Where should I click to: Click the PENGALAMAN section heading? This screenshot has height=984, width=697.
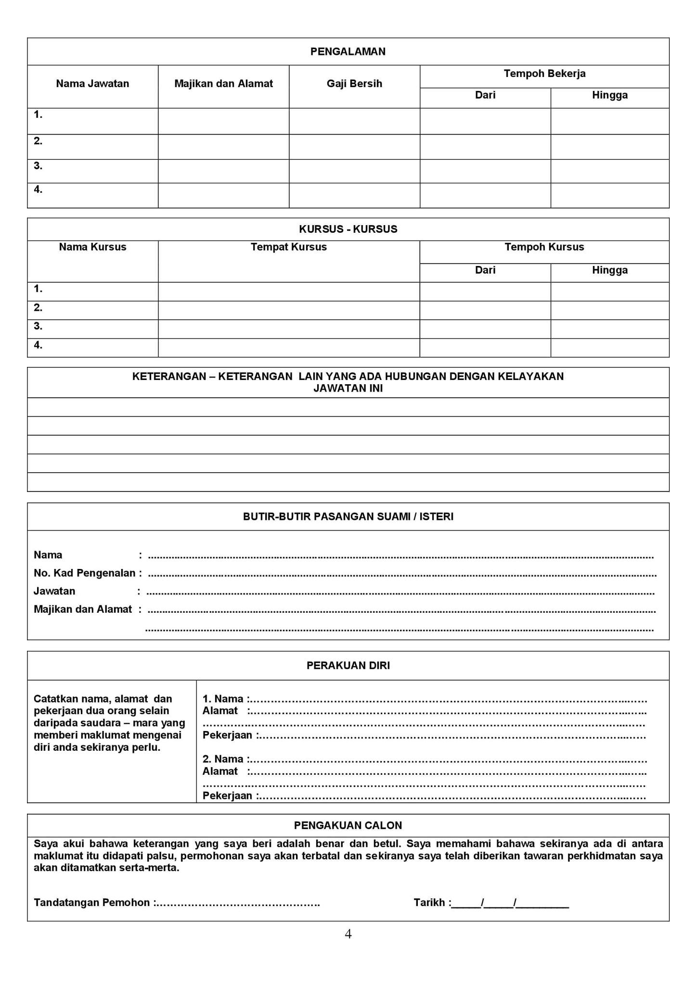[x=348, y=52]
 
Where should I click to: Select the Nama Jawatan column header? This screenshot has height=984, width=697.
[x=92, y=84]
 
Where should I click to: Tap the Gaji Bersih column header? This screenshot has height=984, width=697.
[x=354, y=84]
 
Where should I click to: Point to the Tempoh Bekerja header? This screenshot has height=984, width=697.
[x=544, y=74]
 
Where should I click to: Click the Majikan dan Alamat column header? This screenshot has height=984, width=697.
[x=223, y=84]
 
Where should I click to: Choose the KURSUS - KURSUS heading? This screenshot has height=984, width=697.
[x=348, y=229]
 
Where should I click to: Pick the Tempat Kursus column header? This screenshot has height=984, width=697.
[x=288, y=247]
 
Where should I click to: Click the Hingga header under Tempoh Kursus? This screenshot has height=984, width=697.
[x=609, y=270]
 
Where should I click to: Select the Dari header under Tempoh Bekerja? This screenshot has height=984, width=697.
[x=485, y=95]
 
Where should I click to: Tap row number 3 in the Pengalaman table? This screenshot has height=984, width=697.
[x=38, y=166]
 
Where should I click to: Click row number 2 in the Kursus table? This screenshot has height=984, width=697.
[x=38, y=307]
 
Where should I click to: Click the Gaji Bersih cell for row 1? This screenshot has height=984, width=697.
[x=354, y=121]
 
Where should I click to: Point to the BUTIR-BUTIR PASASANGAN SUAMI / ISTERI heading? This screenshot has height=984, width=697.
[x=348, y=517]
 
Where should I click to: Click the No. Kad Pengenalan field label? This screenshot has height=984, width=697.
[x=84, y=573]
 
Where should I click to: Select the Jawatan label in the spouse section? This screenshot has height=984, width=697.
[x=54, y=591]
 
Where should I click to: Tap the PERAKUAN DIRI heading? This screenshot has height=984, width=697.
[x=348, y=666]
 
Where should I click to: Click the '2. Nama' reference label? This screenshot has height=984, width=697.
[x=223, y=759]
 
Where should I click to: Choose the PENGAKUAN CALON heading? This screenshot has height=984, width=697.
[x=348, y=825]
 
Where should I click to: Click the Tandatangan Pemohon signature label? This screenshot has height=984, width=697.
[x=91, y=902]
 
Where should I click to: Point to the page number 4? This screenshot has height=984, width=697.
[x=348, y=934]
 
